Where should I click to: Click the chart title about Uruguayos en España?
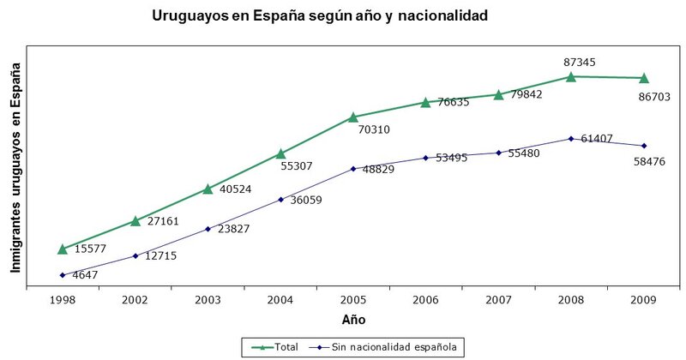[x=320, y=15]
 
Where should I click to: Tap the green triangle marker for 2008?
[x=571, y=76]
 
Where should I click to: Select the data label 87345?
[x=580, y=62]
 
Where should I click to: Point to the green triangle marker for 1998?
[x=63, y=249]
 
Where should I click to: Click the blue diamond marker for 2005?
[x=352, y=169]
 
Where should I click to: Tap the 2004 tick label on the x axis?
[x=280, y=300]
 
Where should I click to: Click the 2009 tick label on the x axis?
[x=644, y=300]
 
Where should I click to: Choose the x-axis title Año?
[x=353, y=320]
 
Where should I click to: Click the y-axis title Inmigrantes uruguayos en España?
[x=15, y=171]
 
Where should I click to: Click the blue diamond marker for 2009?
[x=644, y=146]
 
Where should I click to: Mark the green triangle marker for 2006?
[x=425, y=102]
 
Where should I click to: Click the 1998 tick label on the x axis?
[x=63, y=300]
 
